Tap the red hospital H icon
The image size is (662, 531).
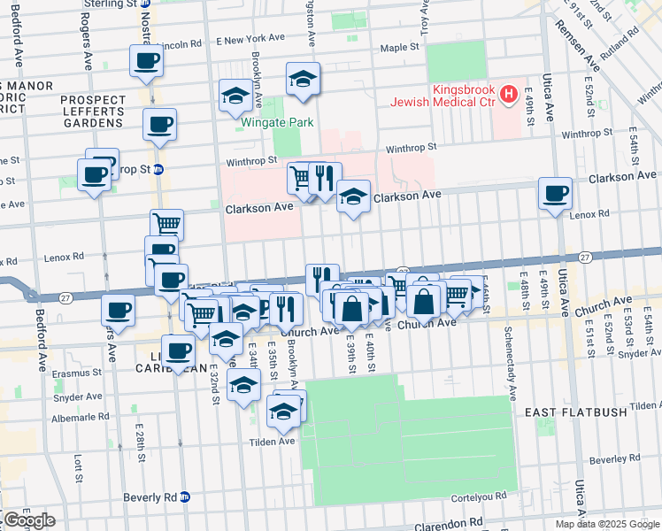point(509,92)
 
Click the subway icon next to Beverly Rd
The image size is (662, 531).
point(184,497)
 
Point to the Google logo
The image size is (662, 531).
point(28,520)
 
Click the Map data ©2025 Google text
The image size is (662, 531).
point(607,524)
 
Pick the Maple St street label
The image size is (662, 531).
point(399,46)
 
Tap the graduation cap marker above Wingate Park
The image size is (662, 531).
point(303,81)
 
